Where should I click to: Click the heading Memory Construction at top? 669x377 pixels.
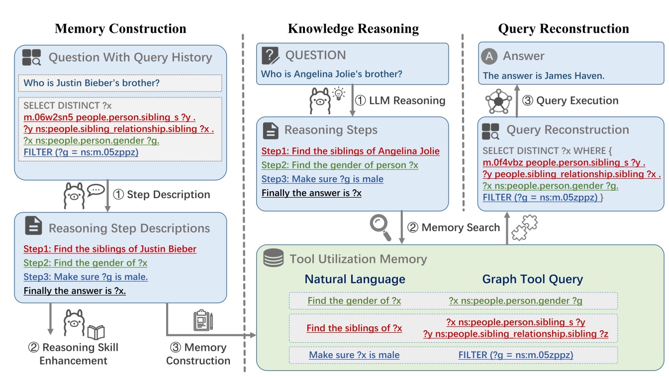(120, 28)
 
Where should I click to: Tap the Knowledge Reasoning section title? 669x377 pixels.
(353, 28)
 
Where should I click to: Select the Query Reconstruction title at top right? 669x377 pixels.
(564, 28)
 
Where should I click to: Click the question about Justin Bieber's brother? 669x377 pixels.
(92, 82)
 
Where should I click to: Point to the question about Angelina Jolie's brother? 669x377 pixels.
(332, 75)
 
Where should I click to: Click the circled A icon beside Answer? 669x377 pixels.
(489, 56)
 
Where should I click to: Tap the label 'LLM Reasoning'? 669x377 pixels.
(406, 101)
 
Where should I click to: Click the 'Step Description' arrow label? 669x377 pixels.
(168, 194)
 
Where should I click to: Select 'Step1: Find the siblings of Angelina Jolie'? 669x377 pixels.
(350, 151)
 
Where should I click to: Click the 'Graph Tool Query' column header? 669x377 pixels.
(532, 279)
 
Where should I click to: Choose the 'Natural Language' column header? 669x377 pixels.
(355, 279)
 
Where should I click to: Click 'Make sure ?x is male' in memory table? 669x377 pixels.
(354, 355)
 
